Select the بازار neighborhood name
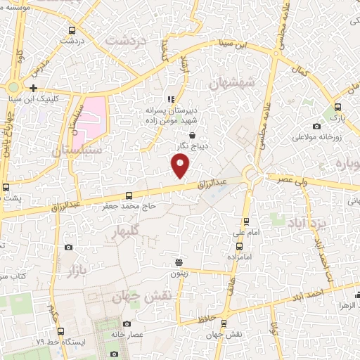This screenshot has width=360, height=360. tap(75, 269)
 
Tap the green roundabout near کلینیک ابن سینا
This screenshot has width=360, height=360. tap(13, 87)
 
